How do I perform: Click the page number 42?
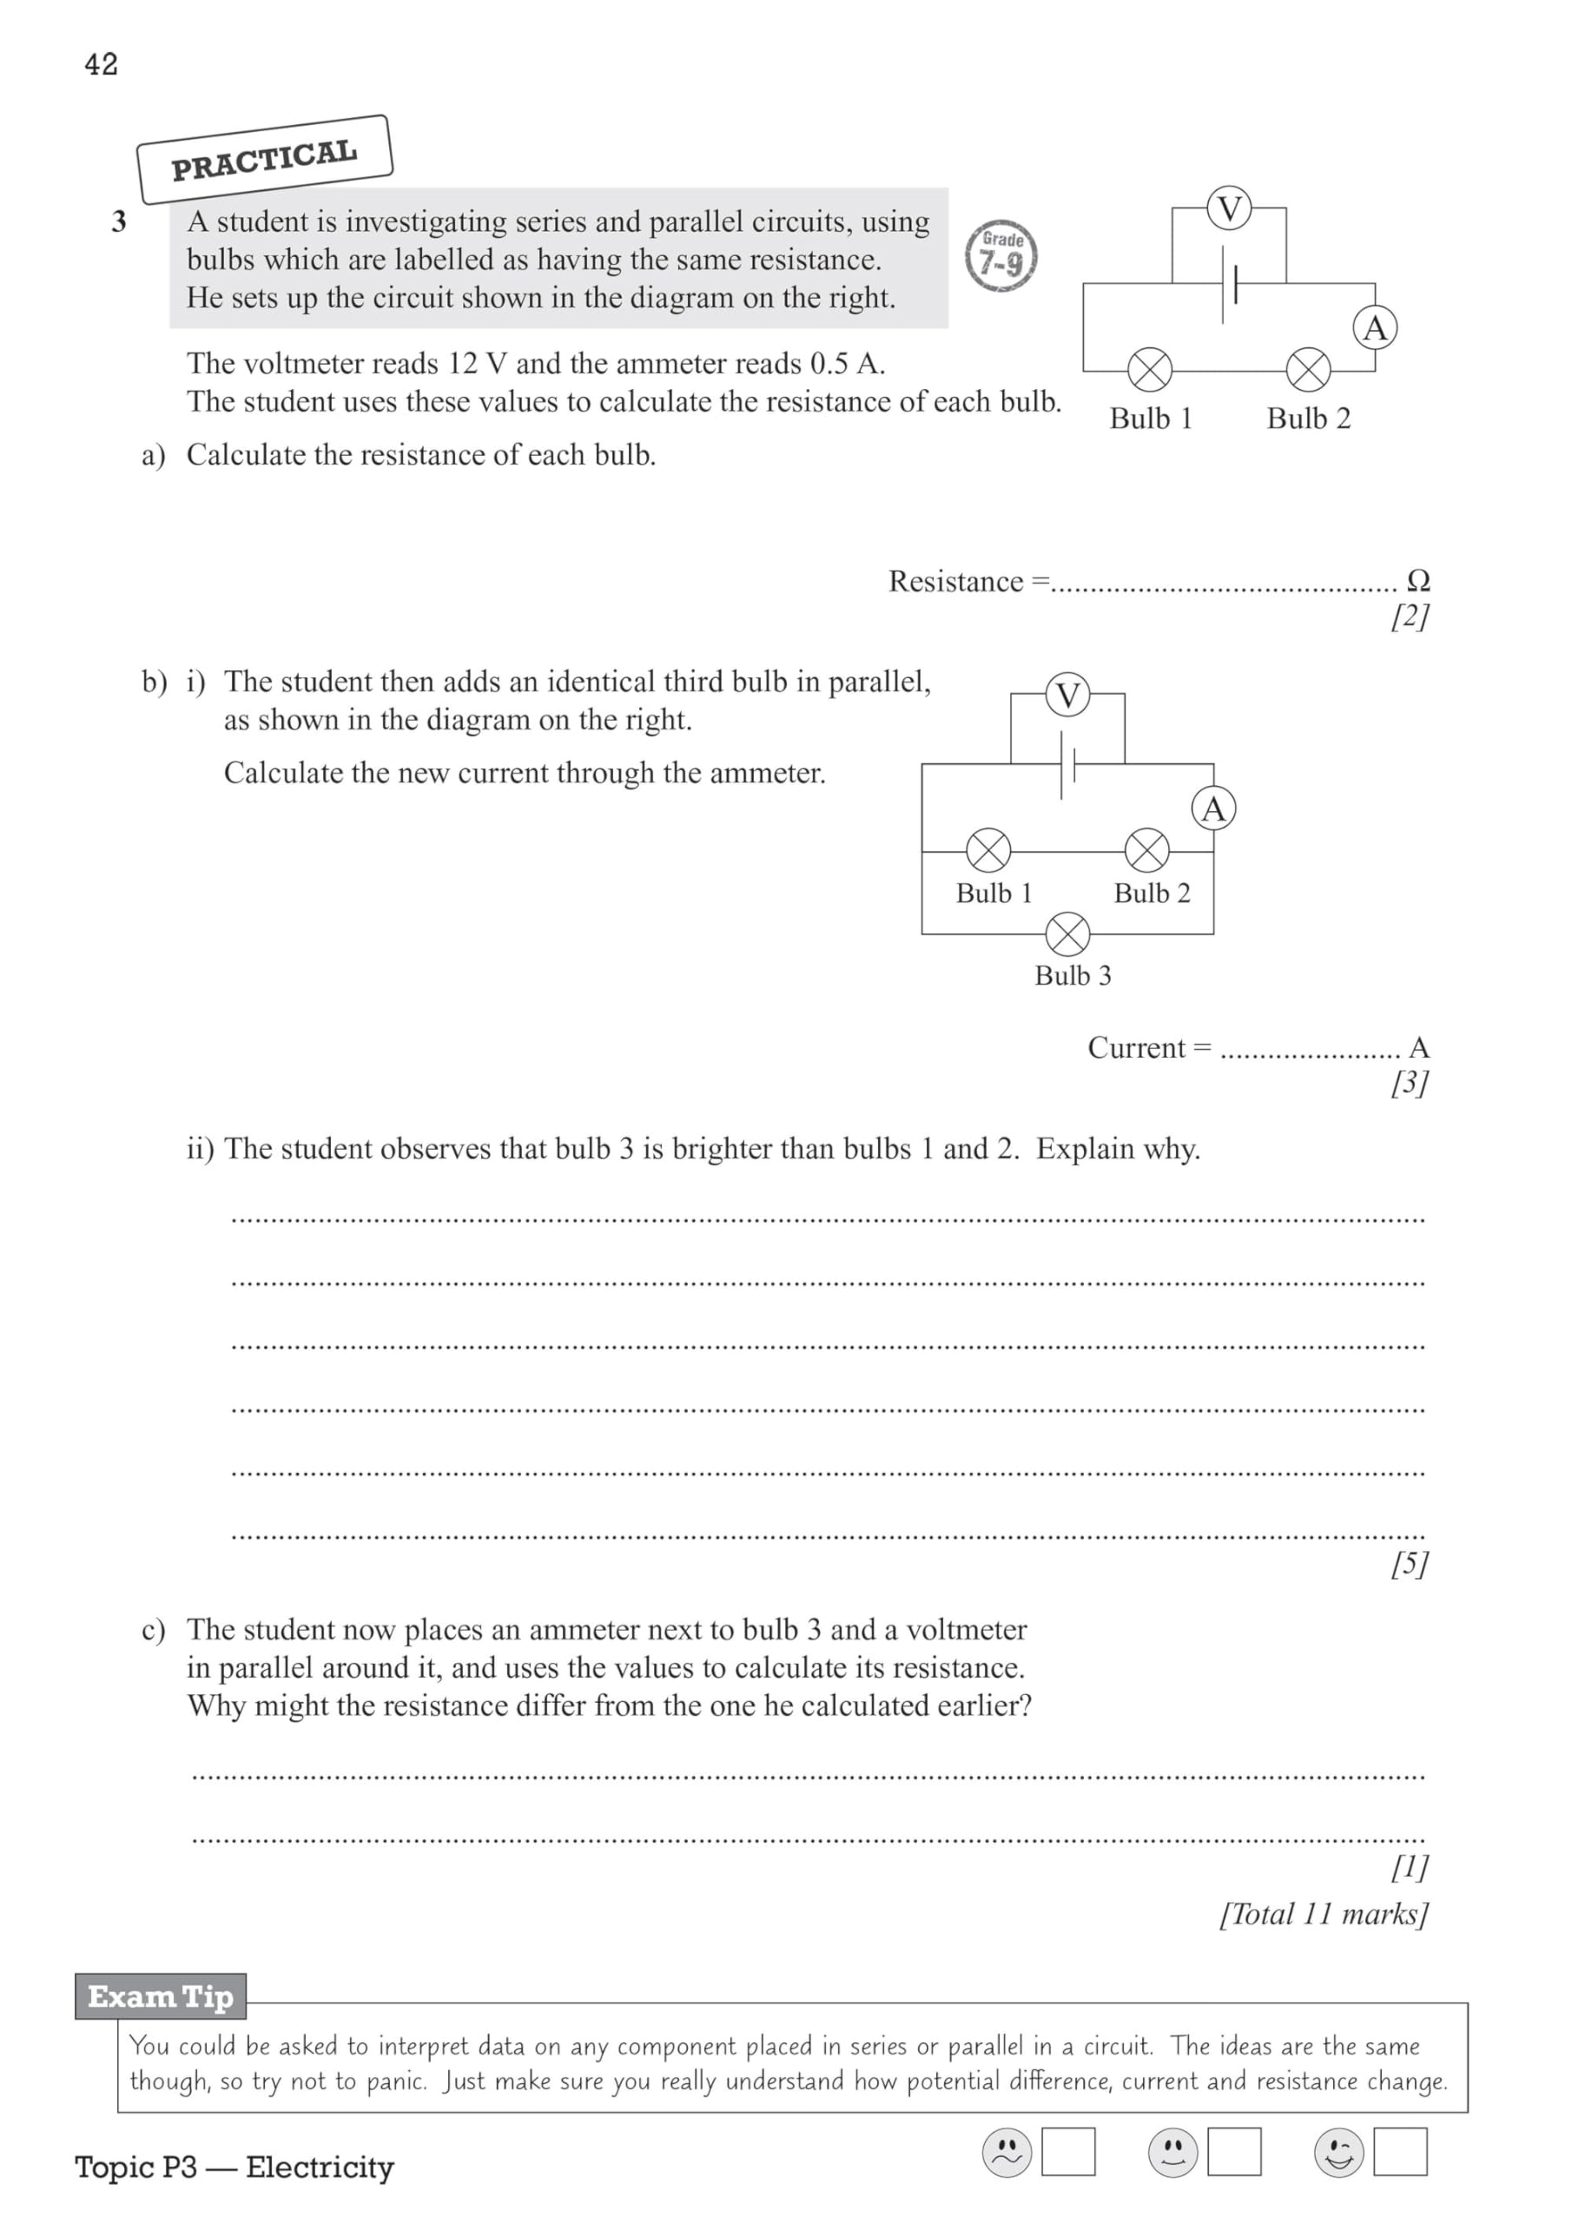[x=101, y=64]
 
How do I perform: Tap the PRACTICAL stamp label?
[x=264, y=160]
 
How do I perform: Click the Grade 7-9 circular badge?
[x=1001, y=255]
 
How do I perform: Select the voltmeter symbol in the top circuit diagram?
[x=1229, y=208]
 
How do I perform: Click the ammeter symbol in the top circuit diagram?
[x=1374, y=328]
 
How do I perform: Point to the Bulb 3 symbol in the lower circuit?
[x=1067, y=934]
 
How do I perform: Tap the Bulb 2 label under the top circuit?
[x=1308, y=419]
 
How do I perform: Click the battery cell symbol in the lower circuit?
[x=1067, y=765]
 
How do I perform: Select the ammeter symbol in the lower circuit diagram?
[x=1212, y=808]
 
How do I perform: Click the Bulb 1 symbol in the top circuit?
[x=1150, y=370]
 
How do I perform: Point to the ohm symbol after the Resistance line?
[x=1417, y=580]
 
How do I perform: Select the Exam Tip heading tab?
[x=161, y=1996]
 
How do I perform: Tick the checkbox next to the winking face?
[x=1399, y=2151]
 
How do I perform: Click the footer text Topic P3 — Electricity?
[x=234, y=2167]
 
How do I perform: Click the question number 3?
[x=119, y=221]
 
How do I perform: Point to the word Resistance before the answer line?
[x=955, y=581]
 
